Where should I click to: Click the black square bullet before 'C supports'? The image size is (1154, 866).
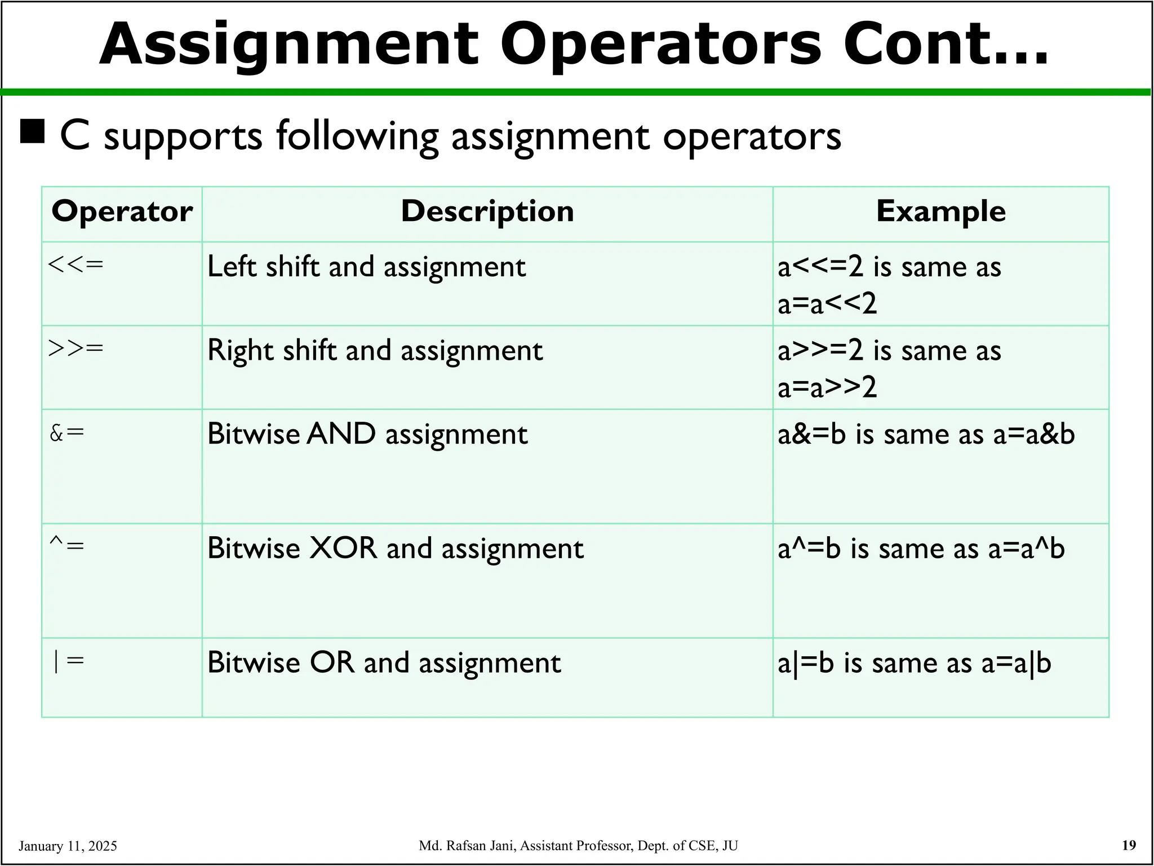[32, 132]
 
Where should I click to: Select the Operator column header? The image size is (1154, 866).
[122, 212]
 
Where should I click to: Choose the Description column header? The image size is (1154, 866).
[487, 212]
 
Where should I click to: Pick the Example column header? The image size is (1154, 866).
[940, 212]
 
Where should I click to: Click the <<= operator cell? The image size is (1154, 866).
[76, 264]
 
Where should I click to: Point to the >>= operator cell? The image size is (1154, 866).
[76, 348]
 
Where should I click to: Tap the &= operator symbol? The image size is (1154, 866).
[67, 432]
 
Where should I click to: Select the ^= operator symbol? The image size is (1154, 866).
[67, 545]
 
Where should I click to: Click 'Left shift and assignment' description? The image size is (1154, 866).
[366, 267]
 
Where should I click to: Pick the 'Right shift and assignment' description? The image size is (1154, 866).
[375, 351]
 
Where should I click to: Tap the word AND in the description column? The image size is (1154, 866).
[341, 434]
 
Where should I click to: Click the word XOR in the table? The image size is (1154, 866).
[343, 548]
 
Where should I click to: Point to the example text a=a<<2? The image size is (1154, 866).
[827, 304]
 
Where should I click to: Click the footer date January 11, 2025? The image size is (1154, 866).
[68, 846]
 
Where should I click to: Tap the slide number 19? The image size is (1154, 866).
[1129, 845]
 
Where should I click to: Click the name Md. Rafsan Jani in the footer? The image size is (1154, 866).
[468, 846]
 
